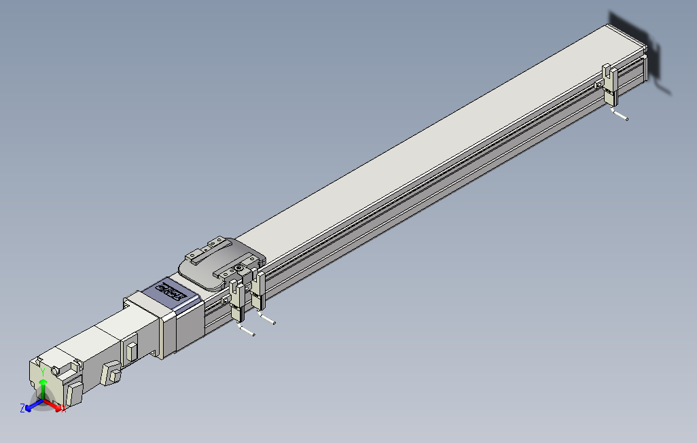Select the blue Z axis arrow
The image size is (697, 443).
[x=31, y=406]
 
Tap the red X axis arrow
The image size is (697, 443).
[x=54, y=406]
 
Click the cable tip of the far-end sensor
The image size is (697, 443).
[x=626, y=119]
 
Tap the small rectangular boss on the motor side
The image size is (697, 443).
[x=131, y=351]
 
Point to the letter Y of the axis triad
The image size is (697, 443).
[x=43, y=372]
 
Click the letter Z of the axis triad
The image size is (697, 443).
[x=22, y=408]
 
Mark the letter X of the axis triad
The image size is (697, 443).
[x=64, y=409]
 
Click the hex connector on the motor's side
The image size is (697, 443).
[x=110, y=374]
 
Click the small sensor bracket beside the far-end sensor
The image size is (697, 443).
[x=598, y=85]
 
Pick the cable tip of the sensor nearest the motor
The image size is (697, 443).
[x=253, y=334]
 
